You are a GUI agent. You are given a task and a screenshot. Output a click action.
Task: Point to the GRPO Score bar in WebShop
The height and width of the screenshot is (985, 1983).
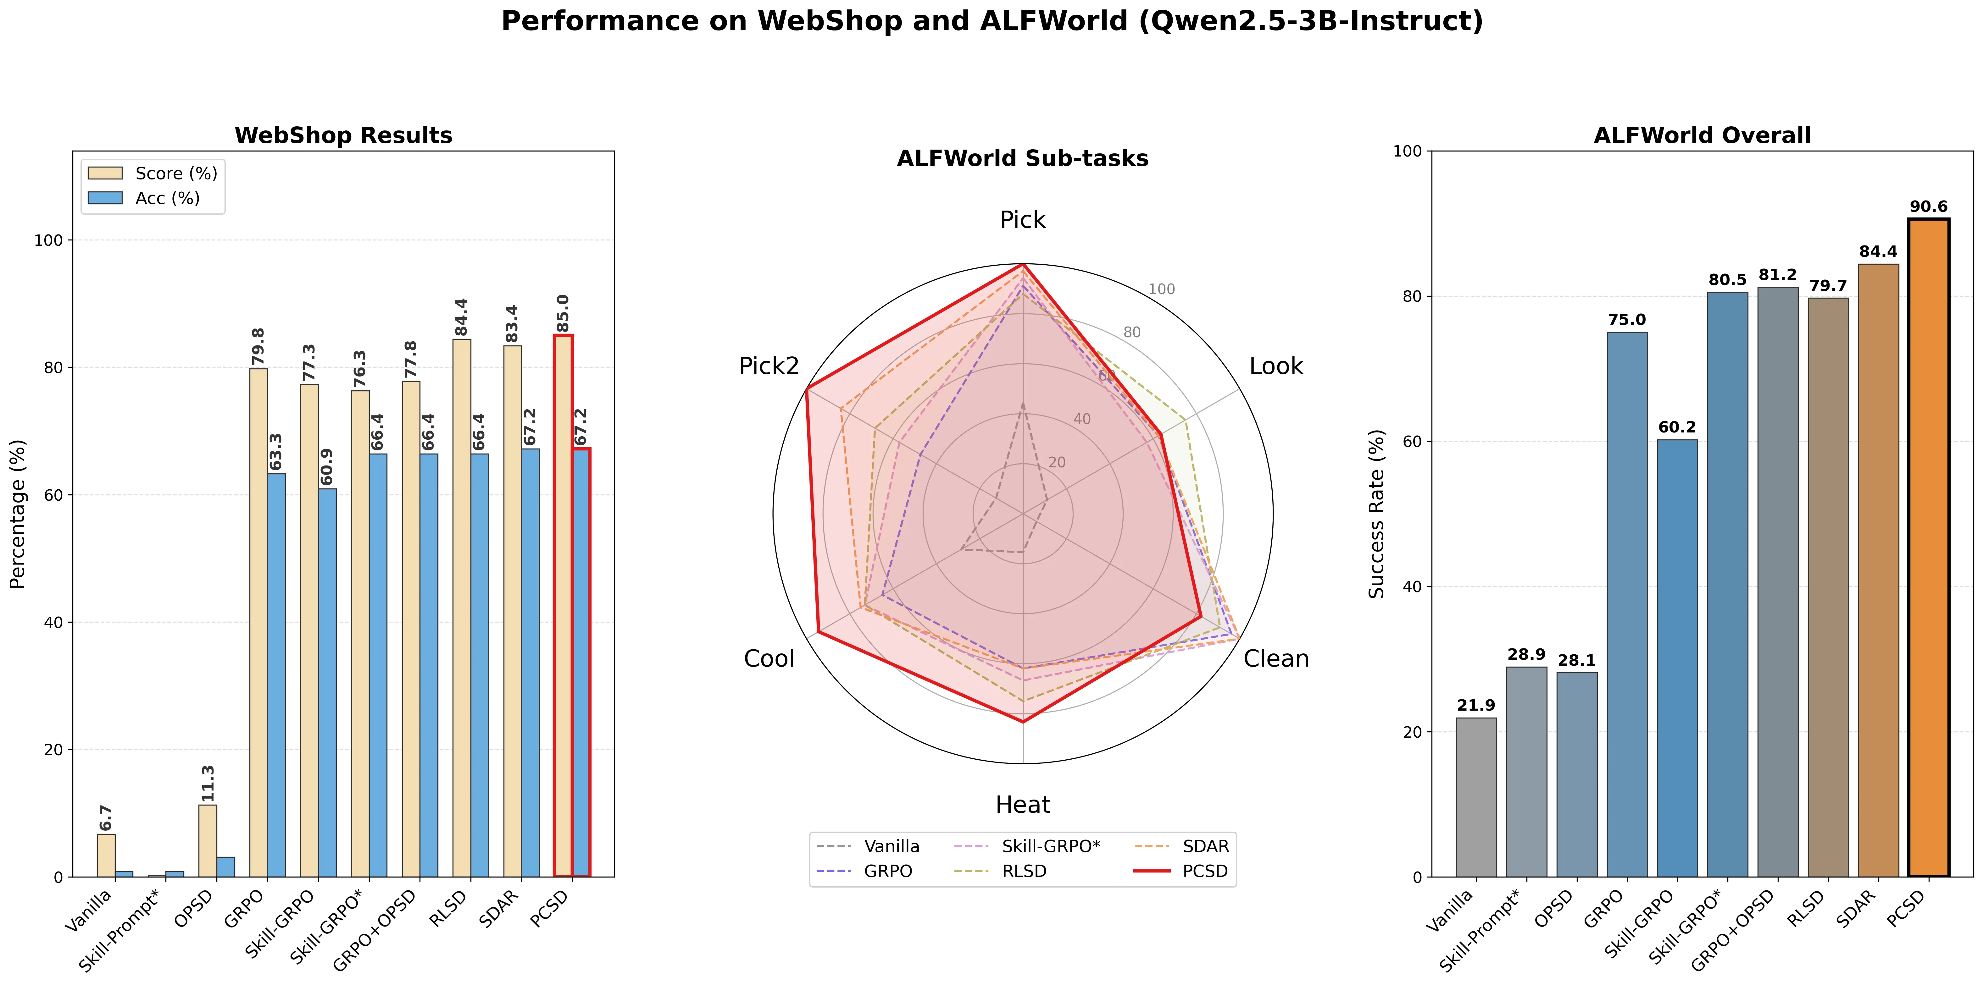(x=259, y=623)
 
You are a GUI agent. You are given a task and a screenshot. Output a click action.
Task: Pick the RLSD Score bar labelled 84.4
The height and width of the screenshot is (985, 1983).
(x=462, y=608)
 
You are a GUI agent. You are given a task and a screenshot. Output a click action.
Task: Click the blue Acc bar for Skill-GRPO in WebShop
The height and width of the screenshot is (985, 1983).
(x=327, y=683)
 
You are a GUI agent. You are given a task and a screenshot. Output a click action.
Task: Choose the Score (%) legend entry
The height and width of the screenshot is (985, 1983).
(x=153, y=173)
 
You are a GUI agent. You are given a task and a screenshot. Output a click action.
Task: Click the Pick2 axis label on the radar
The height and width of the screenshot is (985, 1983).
(x=769, y=366)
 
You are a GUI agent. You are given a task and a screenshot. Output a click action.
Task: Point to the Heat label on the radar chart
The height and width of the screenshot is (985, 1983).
(x=1022, y=805)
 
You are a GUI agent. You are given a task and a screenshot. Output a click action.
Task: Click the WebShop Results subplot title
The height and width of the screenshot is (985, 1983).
(x=343, y=135)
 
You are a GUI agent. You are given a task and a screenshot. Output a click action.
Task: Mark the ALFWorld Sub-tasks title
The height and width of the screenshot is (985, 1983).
(x=1022, y=158)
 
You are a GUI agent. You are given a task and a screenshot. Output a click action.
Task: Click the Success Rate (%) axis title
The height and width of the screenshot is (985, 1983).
(x=1377, y=514)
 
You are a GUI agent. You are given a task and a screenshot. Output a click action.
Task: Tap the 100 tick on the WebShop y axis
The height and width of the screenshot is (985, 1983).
(x=48, y=240)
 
